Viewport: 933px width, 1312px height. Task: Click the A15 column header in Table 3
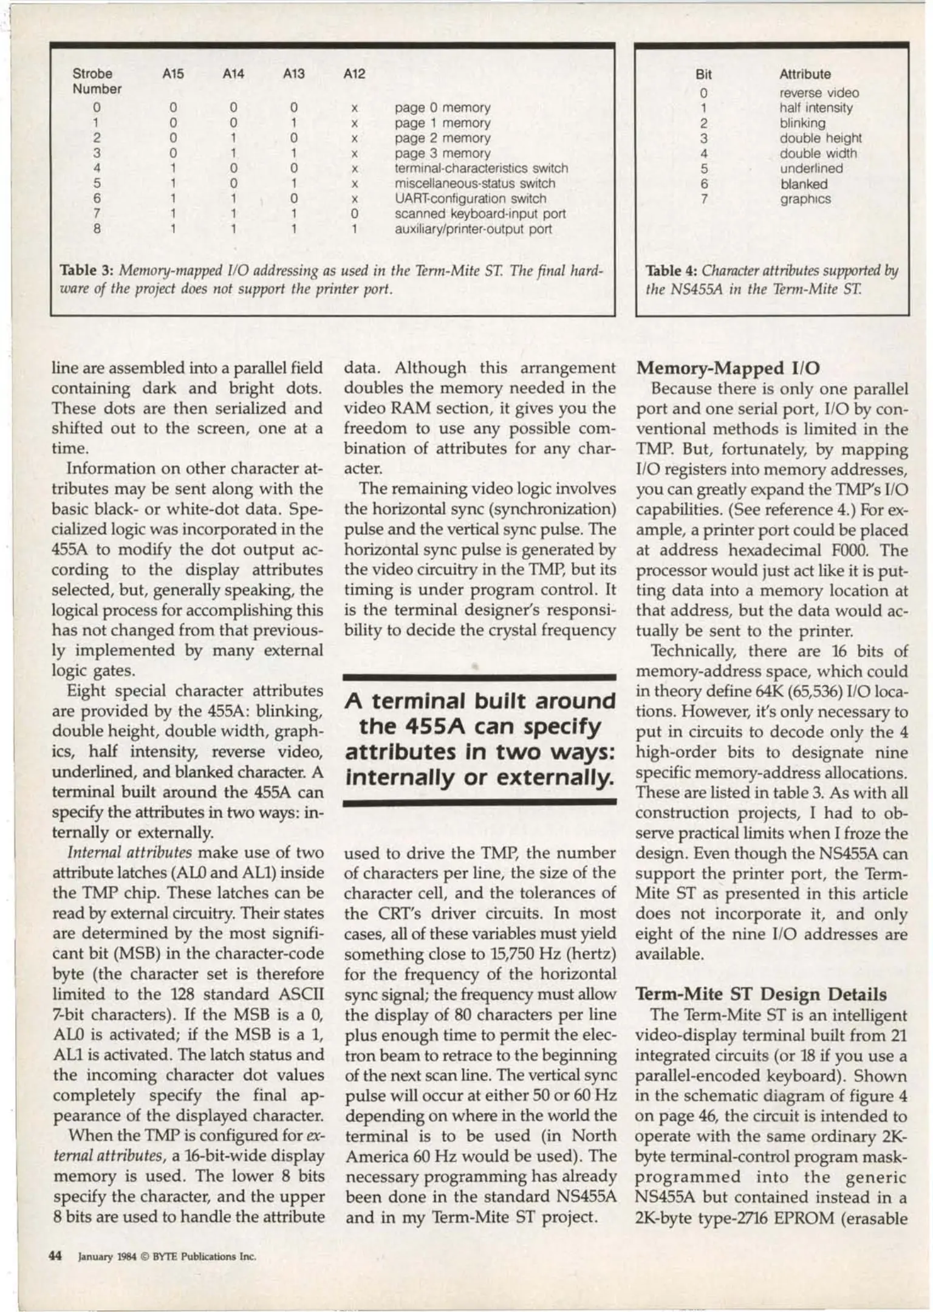tap(173, 74)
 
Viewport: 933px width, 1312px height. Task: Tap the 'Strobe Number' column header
tap(97, 81)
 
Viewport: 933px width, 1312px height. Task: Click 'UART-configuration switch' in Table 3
tap(470, 199)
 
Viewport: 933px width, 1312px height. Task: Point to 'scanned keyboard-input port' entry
tap(480, 214)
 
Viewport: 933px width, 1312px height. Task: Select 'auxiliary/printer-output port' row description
tap(473, 229)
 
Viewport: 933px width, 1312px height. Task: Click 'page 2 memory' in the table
tap(442, 138)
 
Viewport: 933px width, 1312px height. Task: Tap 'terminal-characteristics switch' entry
tap(481, 168)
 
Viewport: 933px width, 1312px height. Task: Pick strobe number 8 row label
tap(97, 229)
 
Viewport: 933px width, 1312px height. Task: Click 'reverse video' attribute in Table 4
tap(819, 93)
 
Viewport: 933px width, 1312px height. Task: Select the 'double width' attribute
tap(818, 153)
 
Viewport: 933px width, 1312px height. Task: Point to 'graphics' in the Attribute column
tap(805, 199)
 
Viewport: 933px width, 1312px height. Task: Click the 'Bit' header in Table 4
tap(703, 75)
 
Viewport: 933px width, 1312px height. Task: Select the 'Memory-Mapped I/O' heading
tap(728, 369)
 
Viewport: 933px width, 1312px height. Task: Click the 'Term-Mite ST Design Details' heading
tap(760, 995)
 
